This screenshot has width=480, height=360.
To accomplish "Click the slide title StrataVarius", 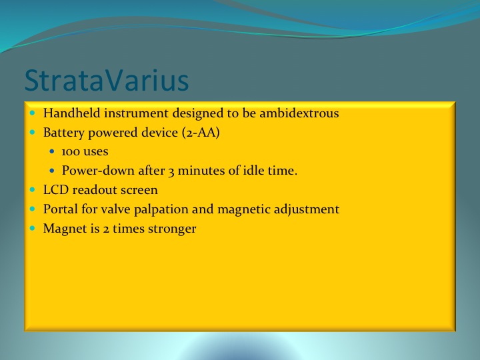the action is click(107, 80).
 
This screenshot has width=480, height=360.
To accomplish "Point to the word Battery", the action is click(64, 133).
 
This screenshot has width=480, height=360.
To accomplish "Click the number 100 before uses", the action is click(71, 151).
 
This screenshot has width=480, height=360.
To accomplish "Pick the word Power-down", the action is click(98, 171).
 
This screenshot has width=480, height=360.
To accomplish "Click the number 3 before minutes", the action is click(171, 171).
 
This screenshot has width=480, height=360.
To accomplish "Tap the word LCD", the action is click(56, 190).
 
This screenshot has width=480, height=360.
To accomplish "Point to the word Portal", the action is click(61, 209).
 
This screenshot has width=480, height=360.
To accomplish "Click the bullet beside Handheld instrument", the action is click(33, 113).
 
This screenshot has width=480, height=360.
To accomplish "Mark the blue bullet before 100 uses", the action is click(51, 151).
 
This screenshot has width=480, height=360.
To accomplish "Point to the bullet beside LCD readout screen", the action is click(33, 190).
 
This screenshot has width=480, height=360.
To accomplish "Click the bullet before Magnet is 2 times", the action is click(33, 228).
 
